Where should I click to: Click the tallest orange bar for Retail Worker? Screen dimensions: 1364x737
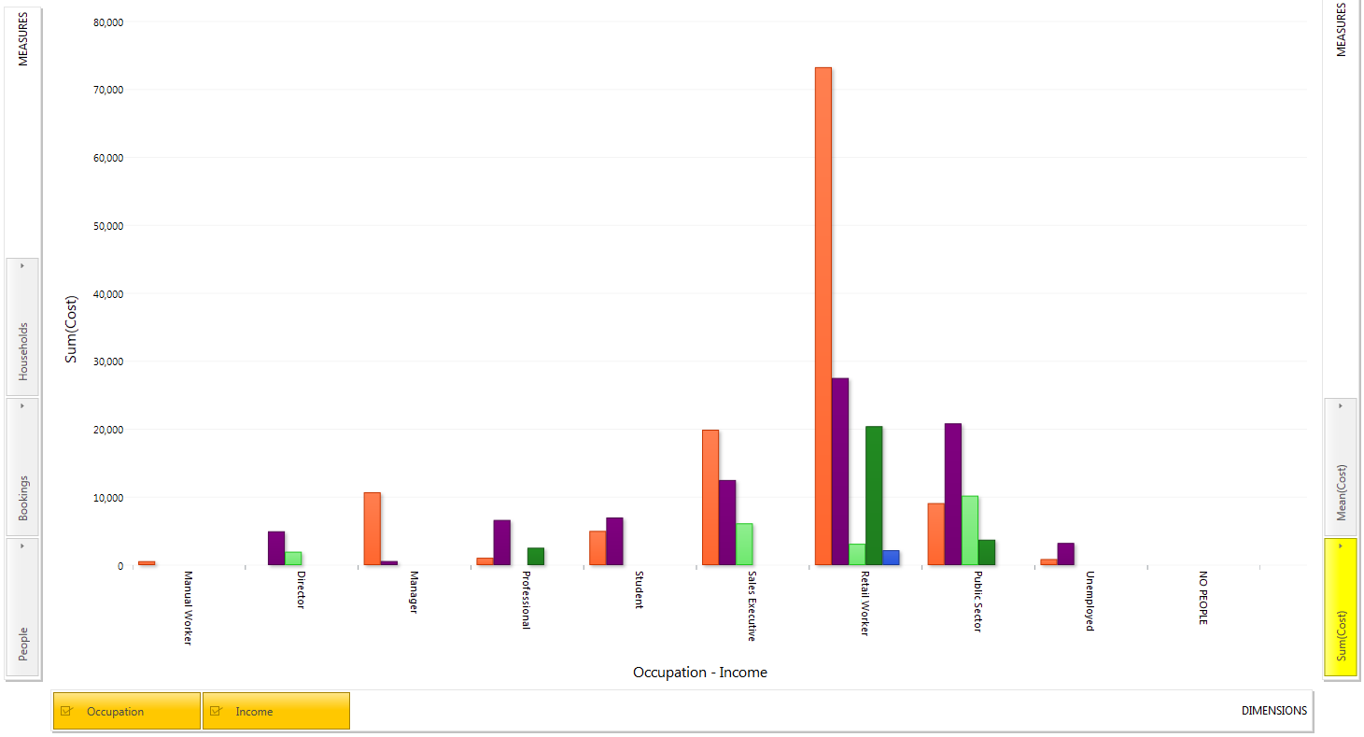(823, 316)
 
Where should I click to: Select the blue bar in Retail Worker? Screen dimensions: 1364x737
(891, 558)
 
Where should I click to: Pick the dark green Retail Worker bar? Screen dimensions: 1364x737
(874, 496)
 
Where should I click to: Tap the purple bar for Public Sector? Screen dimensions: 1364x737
(953, 494)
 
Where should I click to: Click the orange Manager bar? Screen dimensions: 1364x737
(373, 529)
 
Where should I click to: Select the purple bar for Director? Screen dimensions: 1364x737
(276, 548)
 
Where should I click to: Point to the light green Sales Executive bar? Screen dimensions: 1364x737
(744, 545)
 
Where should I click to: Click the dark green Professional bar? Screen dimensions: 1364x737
(536, 557)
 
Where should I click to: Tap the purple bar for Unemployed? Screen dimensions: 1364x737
(1065, 554)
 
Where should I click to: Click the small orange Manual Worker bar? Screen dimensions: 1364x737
(147, 563)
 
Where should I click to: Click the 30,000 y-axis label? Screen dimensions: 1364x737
(108, 361)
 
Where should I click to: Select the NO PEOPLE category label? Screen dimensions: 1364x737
(1203, 598)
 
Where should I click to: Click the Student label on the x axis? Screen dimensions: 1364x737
(639, 589)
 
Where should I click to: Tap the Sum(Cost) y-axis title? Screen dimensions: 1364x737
(71, 330)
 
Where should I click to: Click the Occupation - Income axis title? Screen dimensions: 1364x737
(699, 673)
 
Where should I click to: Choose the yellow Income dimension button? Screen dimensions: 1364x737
(275, 711)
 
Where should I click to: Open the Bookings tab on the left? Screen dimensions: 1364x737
(22, 467)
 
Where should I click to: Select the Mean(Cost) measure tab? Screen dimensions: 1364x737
(1341, 467)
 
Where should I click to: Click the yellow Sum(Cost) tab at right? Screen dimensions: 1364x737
(1341, 606)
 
